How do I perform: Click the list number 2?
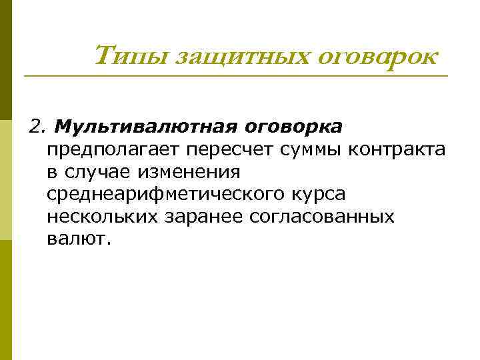(x=37, y=127)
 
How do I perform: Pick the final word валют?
(x=76, y=239)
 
